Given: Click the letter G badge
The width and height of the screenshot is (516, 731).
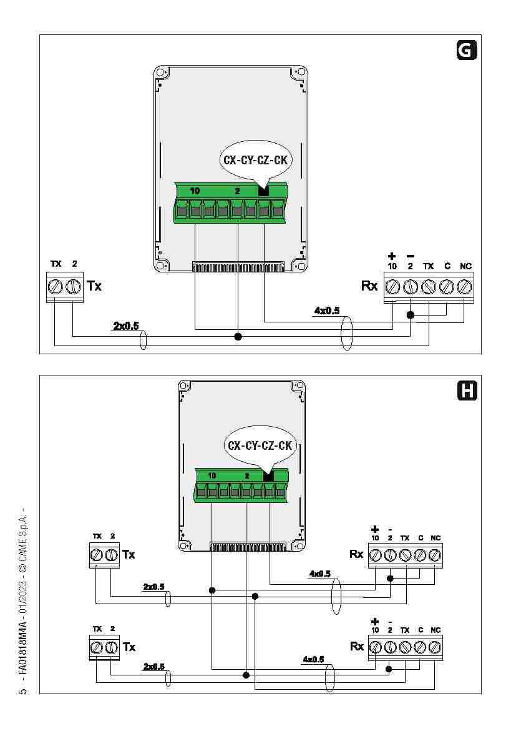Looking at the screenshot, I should pos(465,50).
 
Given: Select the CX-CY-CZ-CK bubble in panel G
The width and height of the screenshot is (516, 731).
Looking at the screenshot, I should pos(255,160).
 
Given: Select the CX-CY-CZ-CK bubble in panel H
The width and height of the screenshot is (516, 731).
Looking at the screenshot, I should pos(260,445).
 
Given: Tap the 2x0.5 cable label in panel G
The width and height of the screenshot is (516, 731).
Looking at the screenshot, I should pos(125,326).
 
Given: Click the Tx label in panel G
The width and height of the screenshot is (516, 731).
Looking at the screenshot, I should pos(94,286).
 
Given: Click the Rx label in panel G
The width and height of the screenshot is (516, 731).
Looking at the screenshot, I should pos(369,286).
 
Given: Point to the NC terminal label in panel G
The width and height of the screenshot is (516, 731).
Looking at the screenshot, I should pos(465,266).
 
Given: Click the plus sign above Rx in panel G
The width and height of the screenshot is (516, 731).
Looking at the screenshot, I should pos(392,256).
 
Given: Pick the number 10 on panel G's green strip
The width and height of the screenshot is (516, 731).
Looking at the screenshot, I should pos(195,191).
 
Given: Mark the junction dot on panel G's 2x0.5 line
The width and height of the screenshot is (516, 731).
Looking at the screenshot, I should pos(238,337).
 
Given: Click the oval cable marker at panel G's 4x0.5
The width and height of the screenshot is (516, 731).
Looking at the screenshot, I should pos(348,333).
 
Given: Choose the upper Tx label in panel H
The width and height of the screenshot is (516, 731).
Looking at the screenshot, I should pos(129,554).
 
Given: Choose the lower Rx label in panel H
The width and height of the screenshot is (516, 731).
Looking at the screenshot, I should pos(356,646).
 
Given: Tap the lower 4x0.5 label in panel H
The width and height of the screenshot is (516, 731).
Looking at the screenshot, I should pos(313,659).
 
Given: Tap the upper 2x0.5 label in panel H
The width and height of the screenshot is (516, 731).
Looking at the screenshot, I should pos(153,587).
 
